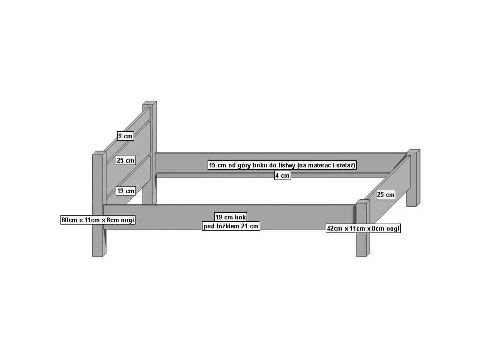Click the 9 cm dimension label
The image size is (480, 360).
[126, 136]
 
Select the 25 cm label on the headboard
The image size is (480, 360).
[126, 160]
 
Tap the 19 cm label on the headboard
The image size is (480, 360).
[126, 191]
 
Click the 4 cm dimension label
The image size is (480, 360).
[282, 175]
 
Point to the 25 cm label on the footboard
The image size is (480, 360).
[386, 195]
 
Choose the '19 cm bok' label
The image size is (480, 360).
[231, 217]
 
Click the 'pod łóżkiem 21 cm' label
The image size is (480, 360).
[231, 226]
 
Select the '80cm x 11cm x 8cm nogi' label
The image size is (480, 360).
[98, 220]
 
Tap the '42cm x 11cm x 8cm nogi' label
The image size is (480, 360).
[363, 228]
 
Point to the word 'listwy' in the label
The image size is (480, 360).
[287, 165]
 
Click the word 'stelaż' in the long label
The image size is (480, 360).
[345, 165]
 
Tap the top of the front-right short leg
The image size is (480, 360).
[363, 202]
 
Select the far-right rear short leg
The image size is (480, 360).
[413, 178]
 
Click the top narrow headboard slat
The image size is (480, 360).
[127, 134]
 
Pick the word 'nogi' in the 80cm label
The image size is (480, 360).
[127, 220]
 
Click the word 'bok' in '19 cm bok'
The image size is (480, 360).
[240, 217]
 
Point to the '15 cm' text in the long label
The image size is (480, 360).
[217, 165]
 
